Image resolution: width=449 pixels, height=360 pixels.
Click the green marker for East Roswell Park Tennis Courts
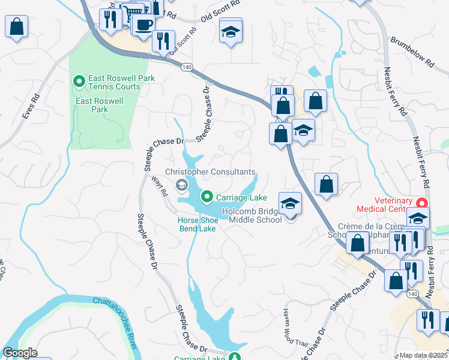[79, 80]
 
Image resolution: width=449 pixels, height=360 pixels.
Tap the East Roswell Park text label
[100, 105]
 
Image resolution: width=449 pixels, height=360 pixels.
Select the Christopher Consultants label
[210, 172]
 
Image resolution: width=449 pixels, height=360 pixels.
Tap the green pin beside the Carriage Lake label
[206, 196]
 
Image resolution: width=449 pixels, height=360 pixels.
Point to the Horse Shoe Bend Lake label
[196, 224]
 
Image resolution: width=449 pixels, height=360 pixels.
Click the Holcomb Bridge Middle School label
[252, 215]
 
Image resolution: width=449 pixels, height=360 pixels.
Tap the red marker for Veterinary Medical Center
[422, 203]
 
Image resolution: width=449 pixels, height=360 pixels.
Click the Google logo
[20, 353]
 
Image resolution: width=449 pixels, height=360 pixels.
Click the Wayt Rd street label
[158, 185]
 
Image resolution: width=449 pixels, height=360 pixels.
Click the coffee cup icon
[143, 25]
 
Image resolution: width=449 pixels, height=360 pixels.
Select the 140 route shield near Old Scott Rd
[189, 67]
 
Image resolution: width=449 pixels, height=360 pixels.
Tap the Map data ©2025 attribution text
[424, 355]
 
